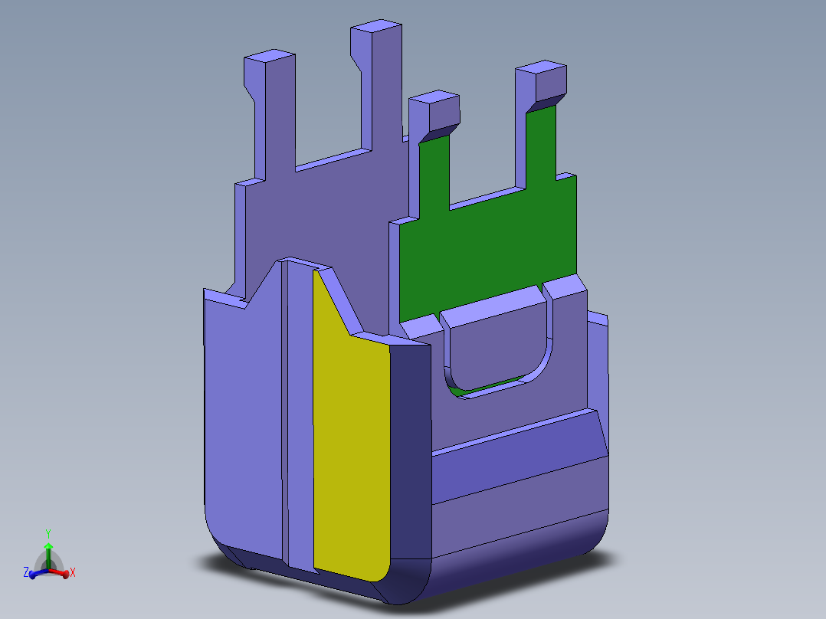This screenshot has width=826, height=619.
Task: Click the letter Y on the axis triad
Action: tap(48, 533)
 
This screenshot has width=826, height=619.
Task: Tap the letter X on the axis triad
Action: tap(73, 572)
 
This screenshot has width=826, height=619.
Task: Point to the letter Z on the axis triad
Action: tap(25, 572)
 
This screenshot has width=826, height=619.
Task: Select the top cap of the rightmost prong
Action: tap(541, 69)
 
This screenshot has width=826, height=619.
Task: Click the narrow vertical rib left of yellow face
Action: tap(299, 414)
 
